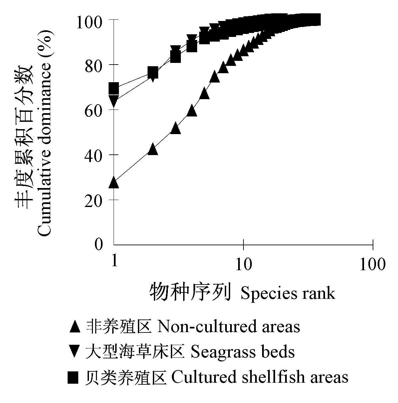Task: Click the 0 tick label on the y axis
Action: (x=99, y=245)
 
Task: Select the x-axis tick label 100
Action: (x=373, y=264)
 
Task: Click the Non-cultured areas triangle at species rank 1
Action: (x=114, y=182)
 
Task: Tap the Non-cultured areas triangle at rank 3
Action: (x=176, y=128)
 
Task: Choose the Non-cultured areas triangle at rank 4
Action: (x=192, y=110)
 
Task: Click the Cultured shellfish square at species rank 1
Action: (x=114, y=89)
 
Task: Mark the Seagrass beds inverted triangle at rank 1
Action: (x=114, y=101)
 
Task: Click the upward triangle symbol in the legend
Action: (x=75, y=327)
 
